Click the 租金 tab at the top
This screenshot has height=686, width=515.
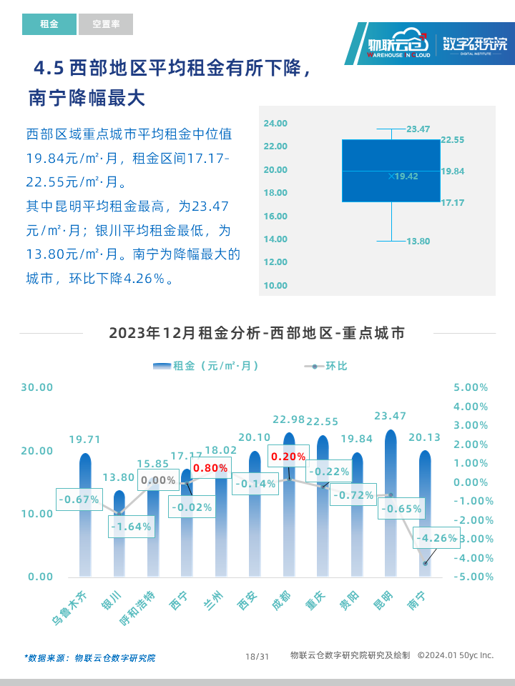[x=49, y=24]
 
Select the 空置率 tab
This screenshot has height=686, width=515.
[x=106, y=24]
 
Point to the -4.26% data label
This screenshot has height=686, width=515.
[x=437, y=538]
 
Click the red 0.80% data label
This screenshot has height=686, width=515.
[x=210, y=467]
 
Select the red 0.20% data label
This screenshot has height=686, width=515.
[x=288, y=456]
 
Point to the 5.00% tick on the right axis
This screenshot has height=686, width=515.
[x=471, y=387]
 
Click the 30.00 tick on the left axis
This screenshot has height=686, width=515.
[x=37, y=387]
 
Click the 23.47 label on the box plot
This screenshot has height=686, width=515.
[x=418, y=129]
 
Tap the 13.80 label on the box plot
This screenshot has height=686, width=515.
[x=418, y=242]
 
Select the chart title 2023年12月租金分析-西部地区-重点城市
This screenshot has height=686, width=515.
[x=257, y=333]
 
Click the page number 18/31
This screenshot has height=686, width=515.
[x=257, y=656]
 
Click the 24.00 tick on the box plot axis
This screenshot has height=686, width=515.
[x=275, y=124]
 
